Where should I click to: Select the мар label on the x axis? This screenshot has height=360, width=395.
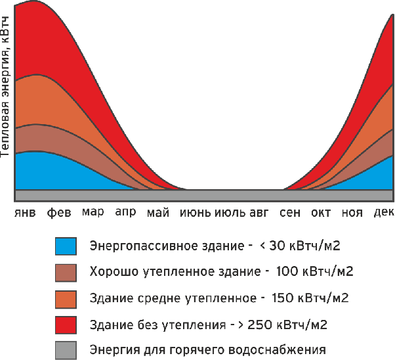click(x=93, y=213)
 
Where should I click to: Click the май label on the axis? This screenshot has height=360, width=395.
click(x=158, y=213)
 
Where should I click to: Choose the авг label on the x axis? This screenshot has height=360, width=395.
click(x=260, y=213)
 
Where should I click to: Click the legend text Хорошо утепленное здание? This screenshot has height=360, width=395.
click(x=175, y=272)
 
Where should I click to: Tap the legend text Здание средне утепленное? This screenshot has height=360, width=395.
click(x=171, y=298)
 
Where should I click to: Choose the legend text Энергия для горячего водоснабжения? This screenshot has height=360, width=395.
click(x=207, y=349)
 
